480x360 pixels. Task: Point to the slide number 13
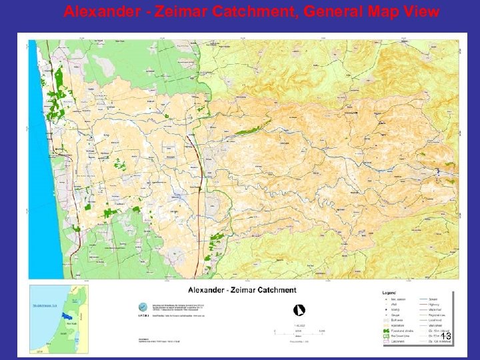coord(446,337)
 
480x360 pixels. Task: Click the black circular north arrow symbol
coord(300,309)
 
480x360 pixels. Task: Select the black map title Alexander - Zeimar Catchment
coord(242,290)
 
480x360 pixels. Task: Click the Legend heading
coord(389,292)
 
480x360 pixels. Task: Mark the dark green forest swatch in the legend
coord(387,330)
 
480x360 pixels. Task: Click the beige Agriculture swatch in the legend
coord(387,325)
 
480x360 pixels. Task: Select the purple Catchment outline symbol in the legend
coord(387,341)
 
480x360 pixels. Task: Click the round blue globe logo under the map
coord(142,307)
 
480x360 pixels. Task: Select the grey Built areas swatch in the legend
coord(387,319)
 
